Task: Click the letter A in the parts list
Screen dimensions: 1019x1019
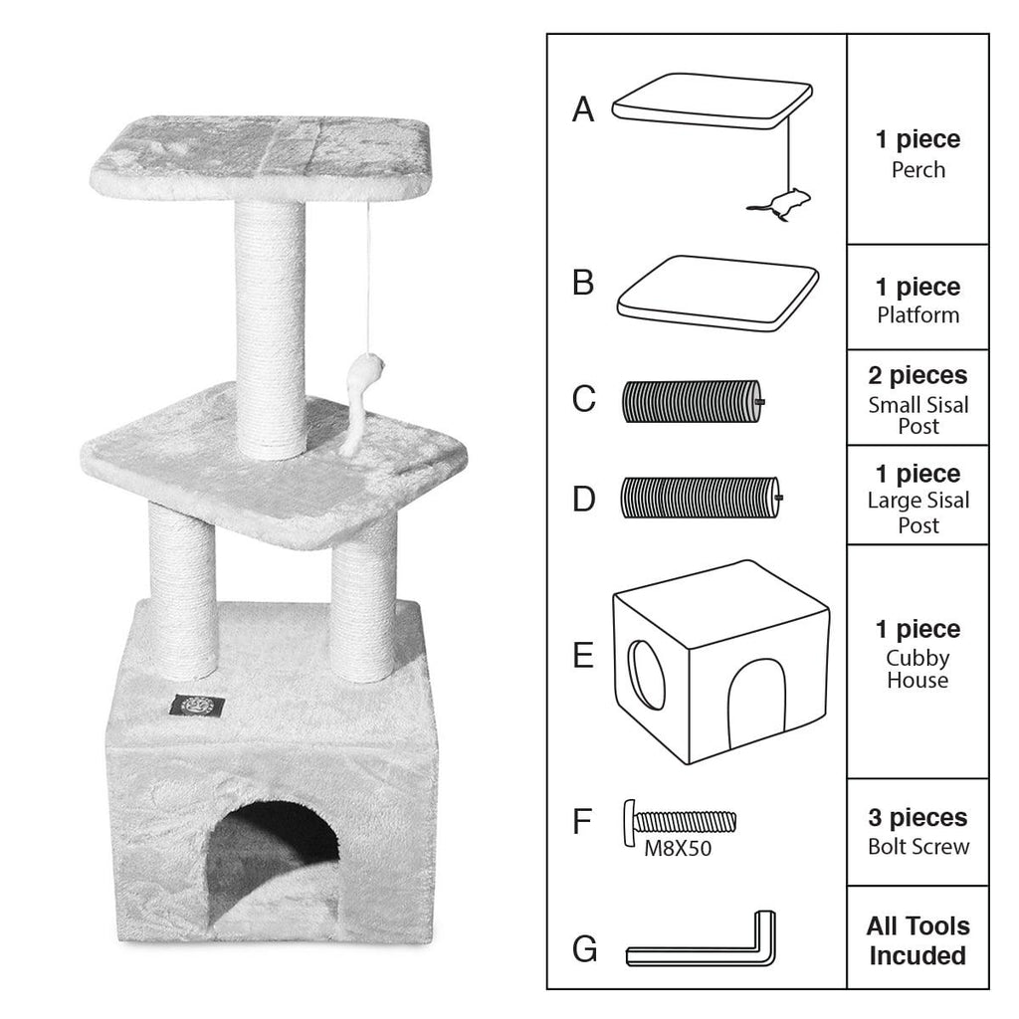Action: pos(583,109)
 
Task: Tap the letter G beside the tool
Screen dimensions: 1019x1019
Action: pos(585,949)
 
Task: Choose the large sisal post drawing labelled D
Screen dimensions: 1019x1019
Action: pos(701,496)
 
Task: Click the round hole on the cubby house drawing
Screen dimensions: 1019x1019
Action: pos(648,675)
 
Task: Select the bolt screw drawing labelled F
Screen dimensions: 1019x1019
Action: pos(681,822)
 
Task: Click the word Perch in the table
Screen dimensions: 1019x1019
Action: pos(917,169)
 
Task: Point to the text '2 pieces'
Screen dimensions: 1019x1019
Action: pos(917,376)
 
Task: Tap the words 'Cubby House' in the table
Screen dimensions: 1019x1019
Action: pos(917,669)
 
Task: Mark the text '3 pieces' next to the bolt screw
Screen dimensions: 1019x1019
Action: pos(917,818)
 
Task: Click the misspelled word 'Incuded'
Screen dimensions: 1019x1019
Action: pos(917,956)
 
